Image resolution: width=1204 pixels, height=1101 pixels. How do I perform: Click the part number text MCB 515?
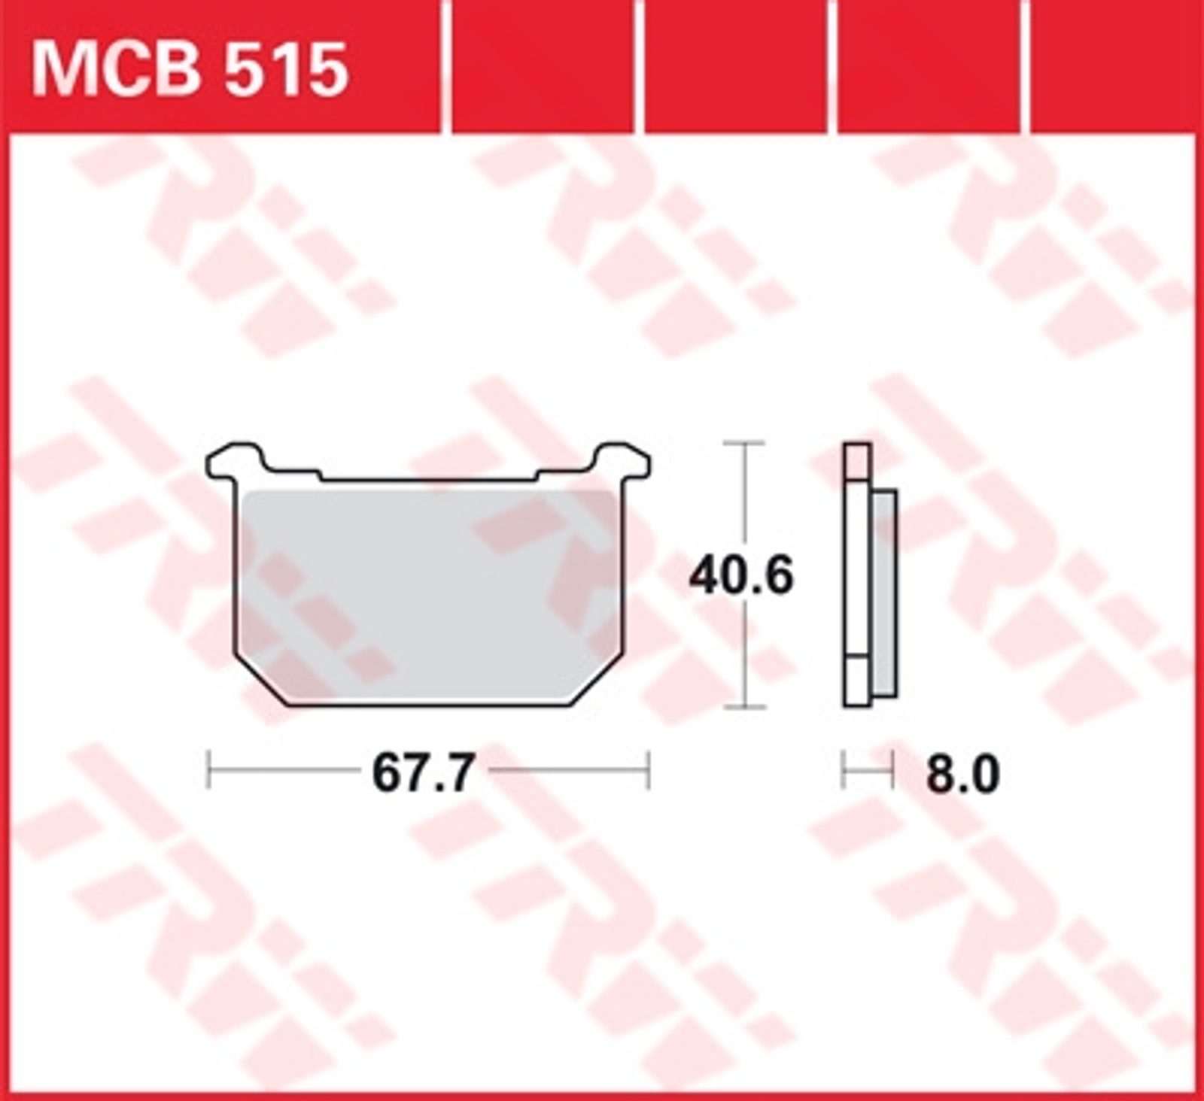(190, 69)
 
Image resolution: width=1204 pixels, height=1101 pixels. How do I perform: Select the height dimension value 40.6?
(742, 576)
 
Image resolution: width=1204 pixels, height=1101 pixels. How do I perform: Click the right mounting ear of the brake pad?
(623, 460)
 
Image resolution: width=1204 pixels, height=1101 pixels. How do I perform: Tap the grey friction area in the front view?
(429, 594)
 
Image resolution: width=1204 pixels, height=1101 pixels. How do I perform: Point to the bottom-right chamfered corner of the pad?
(598, 681)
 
